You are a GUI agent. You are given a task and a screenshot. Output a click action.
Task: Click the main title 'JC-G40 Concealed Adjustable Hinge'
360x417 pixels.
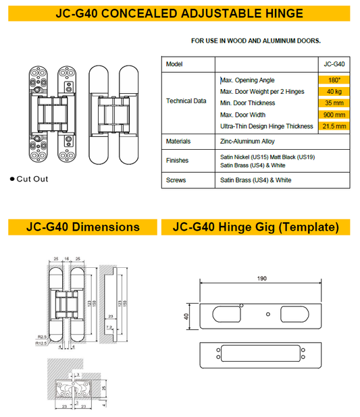click(179, 13)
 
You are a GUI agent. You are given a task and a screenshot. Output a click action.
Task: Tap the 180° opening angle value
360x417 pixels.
click(334, 80)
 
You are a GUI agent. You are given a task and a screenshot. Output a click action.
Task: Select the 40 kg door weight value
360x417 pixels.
click(334, 92)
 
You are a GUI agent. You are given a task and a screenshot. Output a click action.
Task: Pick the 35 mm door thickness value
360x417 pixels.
click(334, 103)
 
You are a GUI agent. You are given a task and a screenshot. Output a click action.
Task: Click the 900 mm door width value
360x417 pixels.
click(334, 115)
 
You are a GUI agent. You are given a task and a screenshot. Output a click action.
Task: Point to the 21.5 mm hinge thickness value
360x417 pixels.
click(334, 126)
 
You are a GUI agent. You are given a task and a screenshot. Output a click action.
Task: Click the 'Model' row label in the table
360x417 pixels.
click(174, 64)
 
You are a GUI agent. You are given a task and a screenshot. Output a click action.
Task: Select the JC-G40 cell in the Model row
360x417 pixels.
click(334, 64)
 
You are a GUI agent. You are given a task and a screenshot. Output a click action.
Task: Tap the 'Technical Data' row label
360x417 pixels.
click(186, 101)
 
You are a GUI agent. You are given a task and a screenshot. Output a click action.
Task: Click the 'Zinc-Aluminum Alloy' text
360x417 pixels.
click(247, 142)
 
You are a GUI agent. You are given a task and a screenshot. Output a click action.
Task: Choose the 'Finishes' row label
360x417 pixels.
click(178, 161)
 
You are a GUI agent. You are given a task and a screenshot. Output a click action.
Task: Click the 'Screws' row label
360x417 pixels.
click(176, 181)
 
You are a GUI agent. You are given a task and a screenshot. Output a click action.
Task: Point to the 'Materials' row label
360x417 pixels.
click(178, 142)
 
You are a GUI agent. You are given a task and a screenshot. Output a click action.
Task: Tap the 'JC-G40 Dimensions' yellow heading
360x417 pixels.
click(80, 227)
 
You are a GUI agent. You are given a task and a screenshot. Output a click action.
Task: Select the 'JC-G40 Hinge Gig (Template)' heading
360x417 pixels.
click(255, 227)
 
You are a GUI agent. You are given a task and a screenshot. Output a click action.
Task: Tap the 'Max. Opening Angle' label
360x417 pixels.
click(247, 80)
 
